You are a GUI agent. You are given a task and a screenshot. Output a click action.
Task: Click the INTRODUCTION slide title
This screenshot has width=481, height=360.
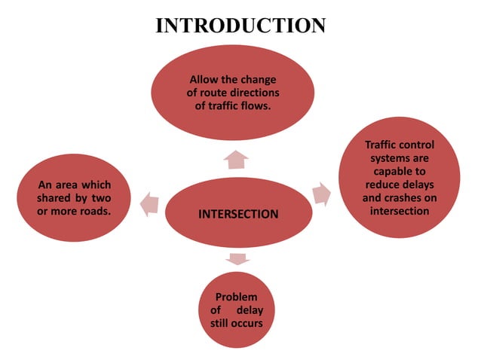(x=240, y=26)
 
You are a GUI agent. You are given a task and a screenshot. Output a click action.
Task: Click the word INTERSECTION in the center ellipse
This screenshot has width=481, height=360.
(x=237, y=214)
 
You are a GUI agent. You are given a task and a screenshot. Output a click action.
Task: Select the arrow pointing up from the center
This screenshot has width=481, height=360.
(x=237, y=159)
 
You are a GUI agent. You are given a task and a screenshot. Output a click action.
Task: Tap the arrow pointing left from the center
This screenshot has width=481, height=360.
(x=149, y=201)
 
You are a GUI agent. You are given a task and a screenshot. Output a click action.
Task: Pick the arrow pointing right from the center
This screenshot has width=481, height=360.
(x=322, y=194)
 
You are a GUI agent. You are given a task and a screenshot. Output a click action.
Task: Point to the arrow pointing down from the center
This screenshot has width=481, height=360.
(x=237, y=259)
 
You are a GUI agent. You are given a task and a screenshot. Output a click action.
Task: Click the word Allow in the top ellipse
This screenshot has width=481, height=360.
(x=203, y=79)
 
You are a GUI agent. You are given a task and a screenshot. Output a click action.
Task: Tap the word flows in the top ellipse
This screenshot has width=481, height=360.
(x=255, y=106)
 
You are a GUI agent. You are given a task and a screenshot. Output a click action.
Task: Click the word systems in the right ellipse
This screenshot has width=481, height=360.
(x=388, y=157)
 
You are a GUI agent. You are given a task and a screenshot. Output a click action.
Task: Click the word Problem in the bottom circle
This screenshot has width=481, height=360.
(x=237, y=297)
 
